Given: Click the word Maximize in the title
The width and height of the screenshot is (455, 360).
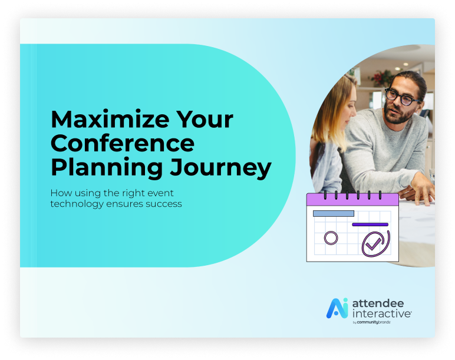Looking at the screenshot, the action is click(x=110, y=119).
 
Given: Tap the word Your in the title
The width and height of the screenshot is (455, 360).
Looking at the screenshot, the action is click(x=205, y=119).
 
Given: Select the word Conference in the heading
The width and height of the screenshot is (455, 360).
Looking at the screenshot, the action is click(x=123, y=143).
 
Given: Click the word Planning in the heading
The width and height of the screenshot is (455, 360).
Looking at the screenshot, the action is click(x=107, y=168).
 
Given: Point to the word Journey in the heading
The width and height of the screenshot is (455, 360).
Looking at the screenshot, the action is click(x=220, y=168).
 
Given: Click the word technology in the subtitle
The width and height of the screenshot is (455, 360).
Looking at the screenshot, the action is click(x=77, y=204).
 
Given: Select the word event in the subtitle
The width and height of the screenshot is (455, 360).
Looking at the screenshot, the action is click(x=160, y=193).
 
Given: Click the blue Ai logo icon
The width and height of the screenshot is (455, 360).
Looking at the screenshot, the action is click(x=337, y=308).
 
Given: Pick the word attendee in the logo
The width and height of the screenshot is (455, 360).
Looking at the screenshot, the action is click(x=378, y=303).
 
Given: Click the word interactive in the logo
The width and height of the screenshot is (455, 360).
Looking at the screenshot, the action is click(x=381, y=313).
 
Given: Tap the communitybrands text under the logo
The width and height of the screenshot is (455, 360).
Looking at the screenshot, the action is click(x=374, y=322).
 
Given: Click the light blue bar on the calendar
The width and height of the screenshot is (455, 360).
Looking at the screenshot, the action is click(x=334, y=213).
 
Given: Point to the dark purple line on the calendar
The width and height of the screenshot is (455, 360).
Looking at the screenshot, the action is click(x=370, y=224).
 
